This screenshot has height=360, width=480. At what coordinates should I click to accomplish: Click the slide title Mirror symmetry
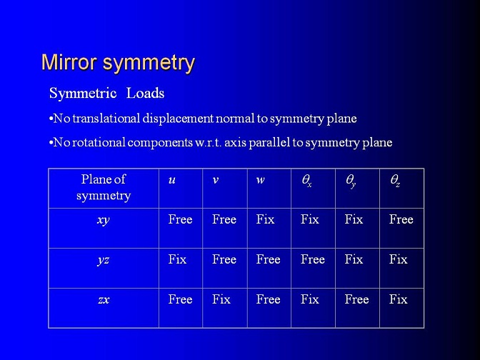coord(118,64)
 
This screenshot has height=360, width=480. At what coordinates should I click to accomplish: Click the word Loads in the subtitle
coord(146,93)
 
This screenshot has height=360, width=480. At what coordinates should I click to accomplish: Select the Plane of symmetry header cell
coord(104,187)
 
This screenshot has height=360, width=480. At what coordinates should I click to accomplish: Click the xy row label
coord(104,221)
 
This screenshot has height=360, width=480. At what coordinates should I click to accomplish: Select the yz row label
coord(104,260)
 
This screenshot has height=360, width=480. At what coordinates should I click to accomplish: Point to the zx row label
coord(104,300)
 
